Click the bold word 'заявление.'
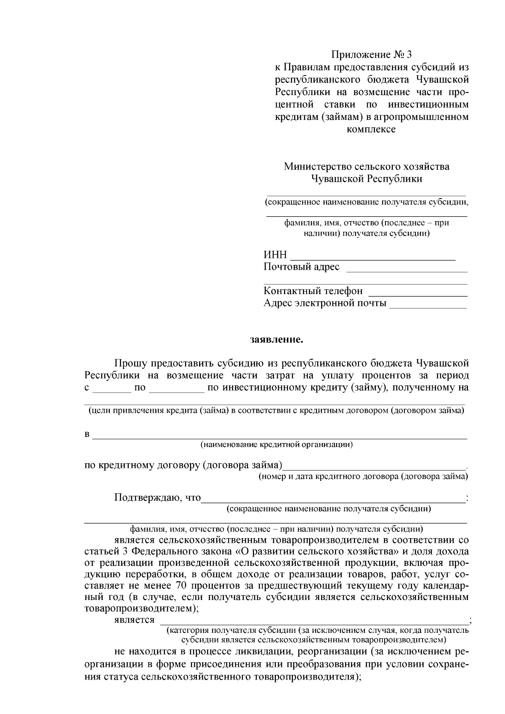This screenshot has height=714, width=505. point(276,339)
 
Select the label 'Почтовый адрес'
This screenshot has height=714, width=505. point(301,267)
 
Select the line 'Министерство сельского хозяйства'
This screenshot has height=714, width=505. point(367,167)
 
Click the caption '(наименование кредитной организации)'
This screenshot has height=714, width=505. point(276,444)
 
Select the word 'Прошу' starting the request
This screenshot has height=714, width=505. point(129,363)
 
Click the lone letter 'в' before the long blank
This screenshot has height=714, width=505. point(87,434)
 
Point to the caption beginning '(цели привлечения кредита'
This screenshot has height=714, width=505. point(276,410)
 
